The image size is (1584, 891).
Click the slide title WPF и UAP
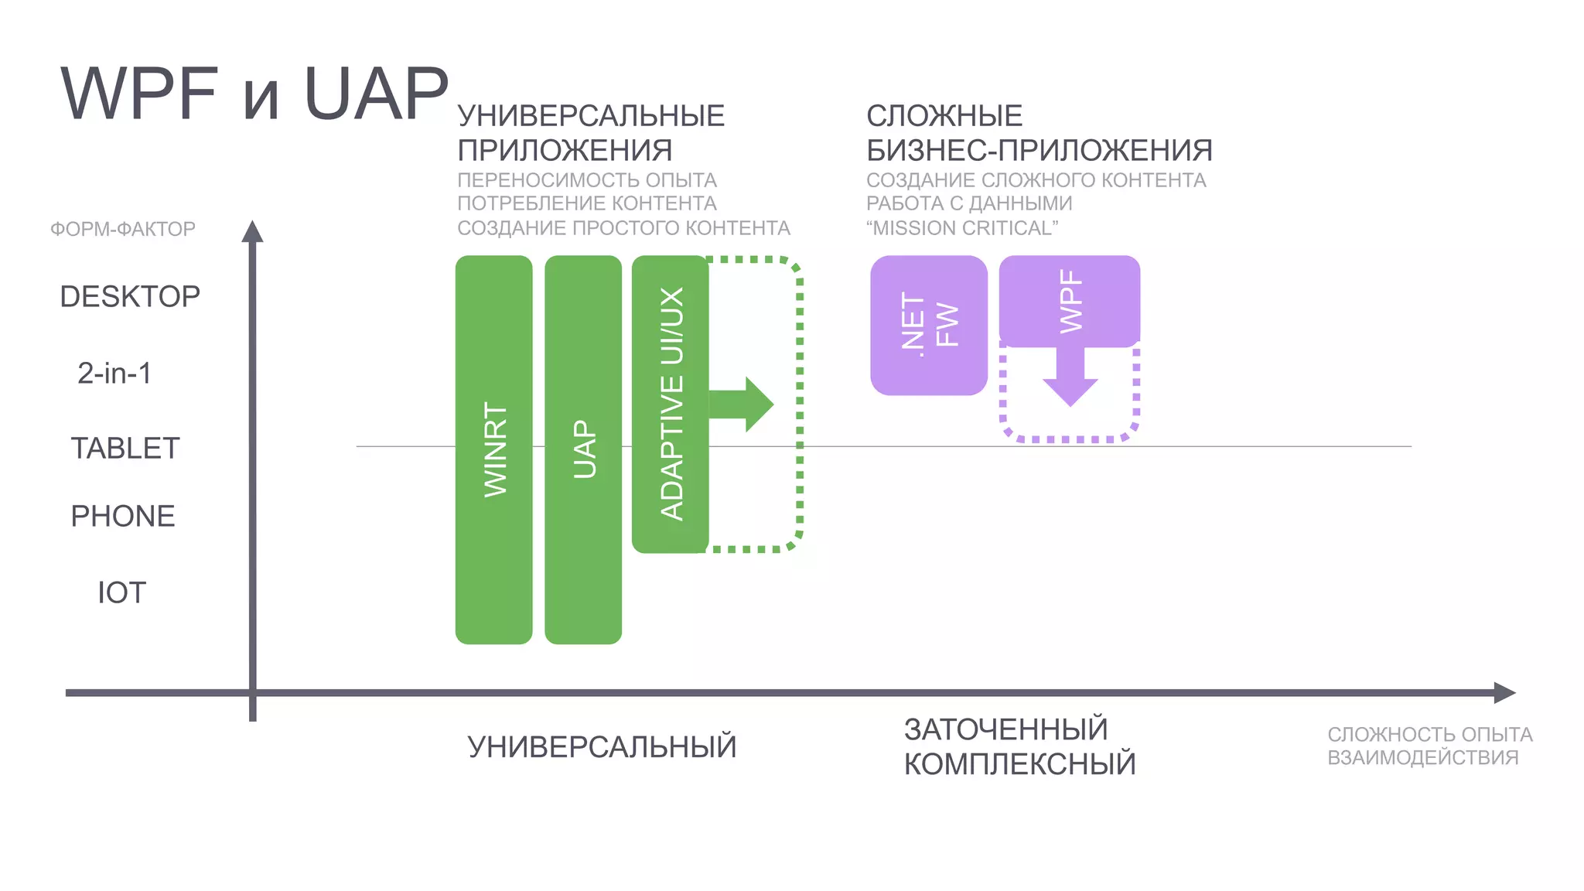tap(254, 94)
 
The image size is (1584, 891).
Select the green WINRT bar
tap(493, 449)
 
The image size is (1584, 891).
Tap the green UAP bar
tap(583, 449)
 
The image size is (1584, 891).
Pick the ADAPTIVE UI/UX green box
tap(670, 404)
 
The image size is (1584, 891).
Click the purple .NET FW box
tap(928, 325)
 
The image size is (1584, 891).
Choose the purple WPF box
tap(1069, 301)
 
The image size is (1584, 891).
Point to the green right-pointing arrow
tap(742, 404)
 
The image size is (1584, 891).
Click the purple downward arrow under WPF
tap(1070, 379)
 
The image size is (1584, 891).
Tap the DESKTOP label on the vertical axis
tap(130, 296)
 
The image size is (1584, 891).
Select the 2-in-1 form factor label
tap(114, 373)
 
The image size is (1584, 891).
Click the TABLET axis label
tap(125, 448)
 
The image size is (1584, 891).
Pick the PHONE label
tap(123, 516)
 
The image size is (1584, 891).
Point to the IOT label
tap(121, 592)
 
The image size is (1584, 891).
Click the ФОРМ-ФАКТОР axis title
tap(123, 229)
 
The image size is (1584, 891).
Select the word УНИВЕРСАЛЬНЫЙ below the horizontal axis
tap(602, 747)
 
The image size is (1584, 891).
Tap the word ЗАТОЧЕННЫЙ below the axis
tap(1005, 729)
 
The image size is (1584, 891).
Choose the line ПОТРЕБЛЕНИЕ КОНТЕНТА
tap(586, 203)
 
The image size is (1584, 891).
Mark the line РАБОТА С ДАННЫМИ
tap(968, 203)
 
